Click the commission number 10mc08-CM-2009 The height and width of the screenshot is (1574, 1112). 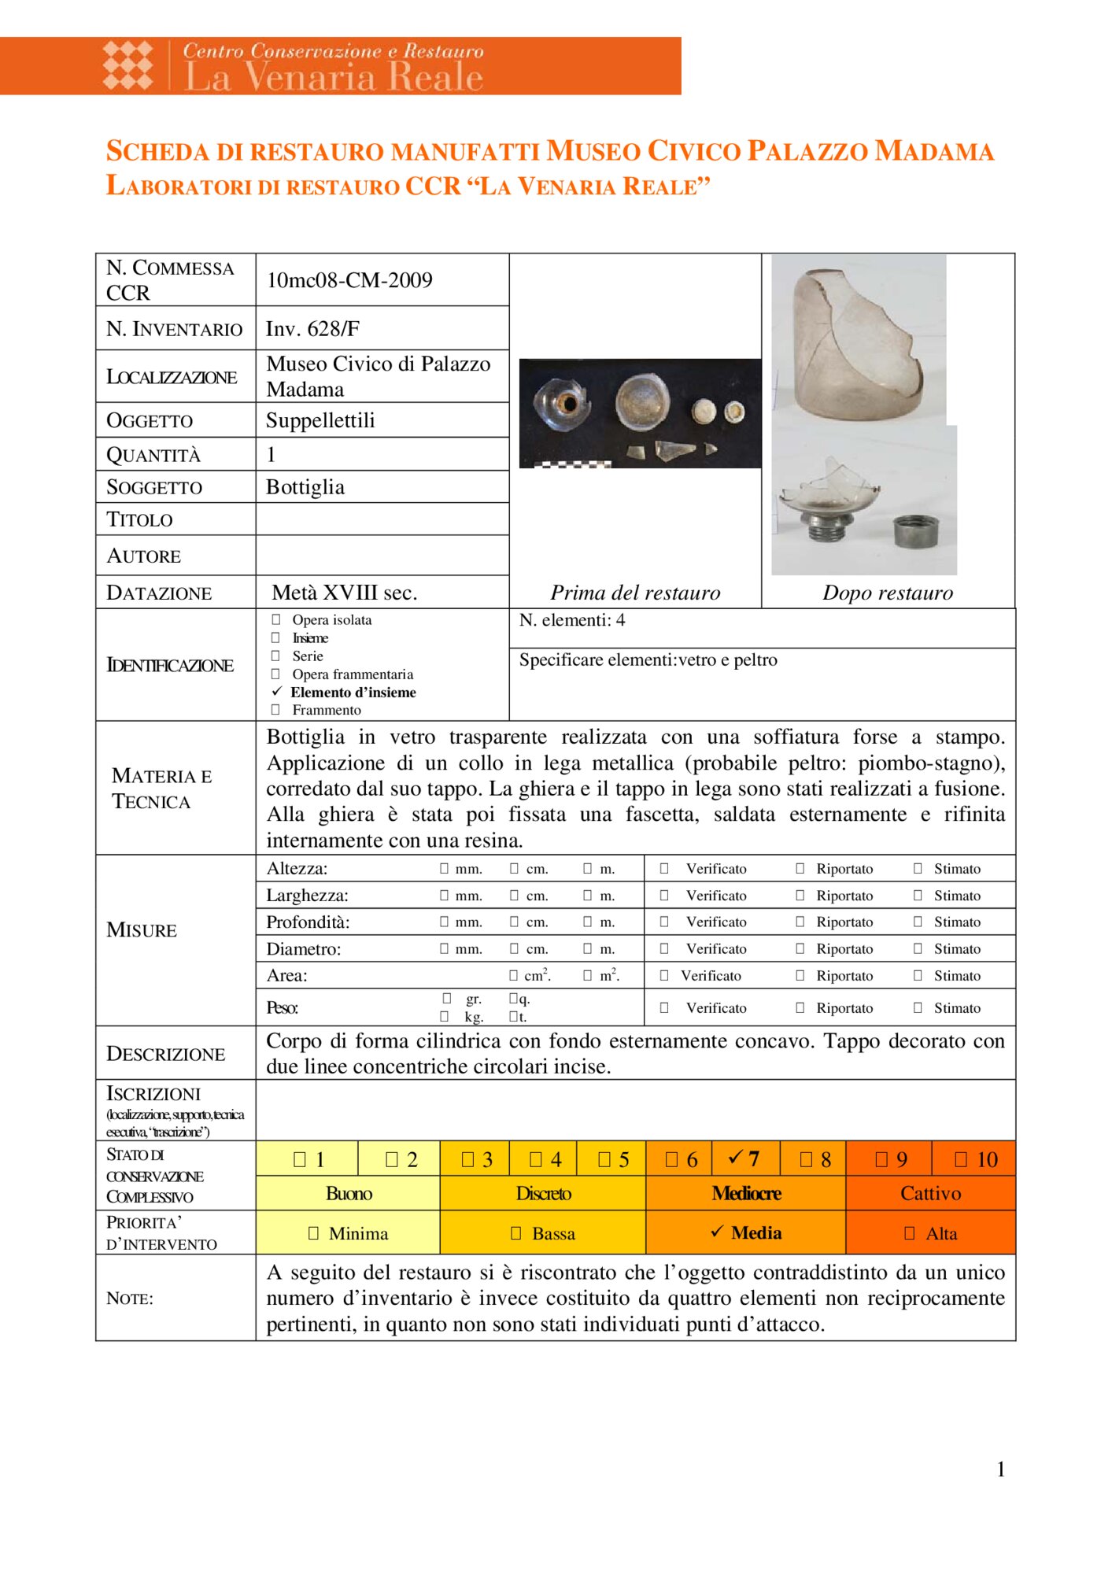(x=349, y=280)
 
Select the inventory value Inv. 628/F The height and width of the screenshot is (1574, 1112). (x=312, y=329)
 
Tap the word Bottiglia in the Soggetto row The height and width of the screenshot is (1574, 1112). (x=305, y=487)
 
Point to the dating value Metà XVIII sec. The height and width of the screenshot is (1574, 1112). (x=345, y=593)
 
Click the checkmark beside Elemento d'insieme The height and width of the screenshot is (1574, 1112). (x=276, y=692)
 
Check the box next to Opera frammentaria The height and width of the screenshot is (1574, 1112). (x=275, y=674)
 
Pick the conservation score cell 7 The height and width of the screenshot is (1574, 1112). (x=744, y=1158)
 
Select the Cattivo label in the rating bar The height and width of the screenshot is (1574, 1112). (x=930, y=1194)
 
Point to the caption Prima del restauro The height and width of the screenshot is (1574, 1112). (x=635, y=593)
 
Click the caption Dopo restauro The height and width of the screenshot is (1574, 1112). (x=888, y=593)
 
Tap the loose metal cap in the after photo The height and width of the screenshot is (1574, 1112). (x=915, y=531)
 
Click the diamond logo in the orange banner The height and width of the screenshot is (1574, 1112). (x=128, y=65)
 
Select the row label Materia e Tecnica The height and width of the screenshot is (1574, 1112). (x=162, y=789)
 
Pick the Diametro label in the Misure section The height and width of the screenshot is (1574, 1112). (x=304, y=949)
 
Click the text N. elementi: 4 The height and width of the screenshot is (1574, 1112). (x=572, y=620)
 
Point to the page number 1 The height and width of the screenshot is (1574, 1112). (x=1000, y=1469)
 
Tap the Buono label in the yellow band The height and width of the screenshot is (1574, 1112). (x=349, y=1194)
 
